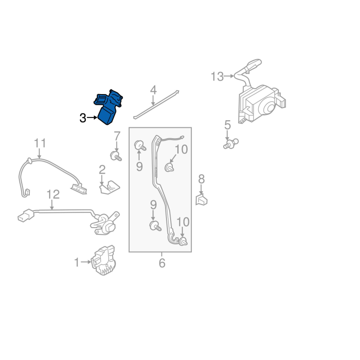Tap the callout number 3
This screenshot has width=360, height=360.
(83, 118)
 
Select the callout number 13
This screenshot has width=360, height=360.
(217, 76)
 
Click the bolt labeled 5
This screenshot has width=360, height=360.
(231, 144)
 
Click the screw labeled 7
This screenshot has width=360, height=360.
(116, 156)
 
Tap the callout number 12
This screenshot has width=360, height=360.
(53, 194)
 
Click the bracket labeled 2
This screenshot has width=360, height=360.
(110, 188)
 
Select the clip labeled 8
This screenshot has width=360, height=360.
(201, 199)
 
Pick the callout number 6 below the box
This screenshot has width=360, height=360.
(162, 263)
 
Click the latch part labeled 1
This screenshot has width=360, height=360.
(103, 261)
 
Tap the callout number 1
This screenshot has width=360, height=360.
(76, 262)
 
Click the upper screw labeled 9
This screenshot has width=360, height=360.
(140, 145)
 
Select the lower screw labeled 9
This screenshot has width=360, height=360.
(155, 226)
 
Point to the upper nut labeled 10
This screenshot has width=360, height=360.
(170, 167)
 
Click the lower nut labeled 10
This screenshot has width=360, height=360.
(183, 242)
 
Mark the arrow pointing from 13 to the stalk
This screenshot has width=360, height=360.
(229, 76)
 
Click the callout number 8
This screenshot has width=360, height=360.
(201, 179)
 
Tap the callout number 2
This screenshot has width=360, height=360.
(102, 170)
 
